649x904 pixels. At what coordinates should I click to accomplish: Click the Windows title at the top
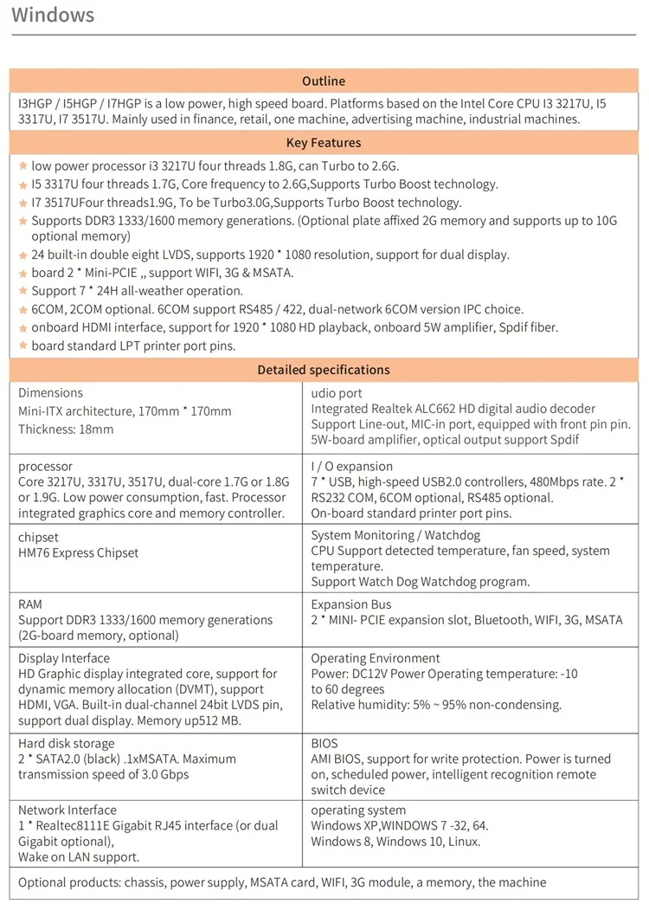point(53,16)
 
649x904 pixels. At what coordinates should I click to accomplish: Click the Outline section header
point(324,81)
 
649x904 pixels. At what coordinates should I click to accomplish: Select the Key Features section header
point(324,143)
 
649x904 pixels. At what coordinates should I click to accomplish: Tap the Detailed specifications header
point(324,370)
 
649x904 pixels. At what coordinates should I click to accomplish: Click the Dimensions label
point(50,393)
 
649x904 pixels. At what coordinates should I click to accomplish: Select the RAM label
point(30,604)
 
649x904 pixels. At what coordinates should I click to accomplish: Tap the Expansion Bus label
point(351,604)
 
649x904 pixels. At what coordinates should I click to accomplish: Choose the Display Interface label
point(65,658)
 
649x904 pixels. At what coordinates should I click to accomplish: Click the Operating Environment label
point(376,658)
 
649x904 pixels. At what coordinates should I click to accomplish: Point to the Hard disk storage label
point(66,744)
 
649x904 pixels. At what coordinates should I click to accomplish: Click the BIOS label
point(324,744)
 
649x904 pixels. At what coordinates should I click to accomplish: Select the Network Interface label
point(67,810)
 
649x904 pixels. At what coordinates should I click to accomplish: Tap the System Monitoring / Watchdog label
point(395,536)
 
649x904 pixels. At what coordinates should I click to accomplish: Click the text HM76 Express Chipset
point(78,553)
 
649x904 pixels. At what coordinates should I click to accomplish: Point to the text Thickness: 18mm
point(66,429)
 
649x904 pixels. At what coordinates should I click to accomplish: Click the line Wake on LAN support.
point(80,857)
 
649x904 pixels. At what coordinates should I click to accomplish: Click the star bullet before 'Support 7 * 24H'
point(23,291)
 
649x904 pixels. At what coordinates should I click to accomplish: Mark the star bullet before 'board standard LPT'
point(23,346)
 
